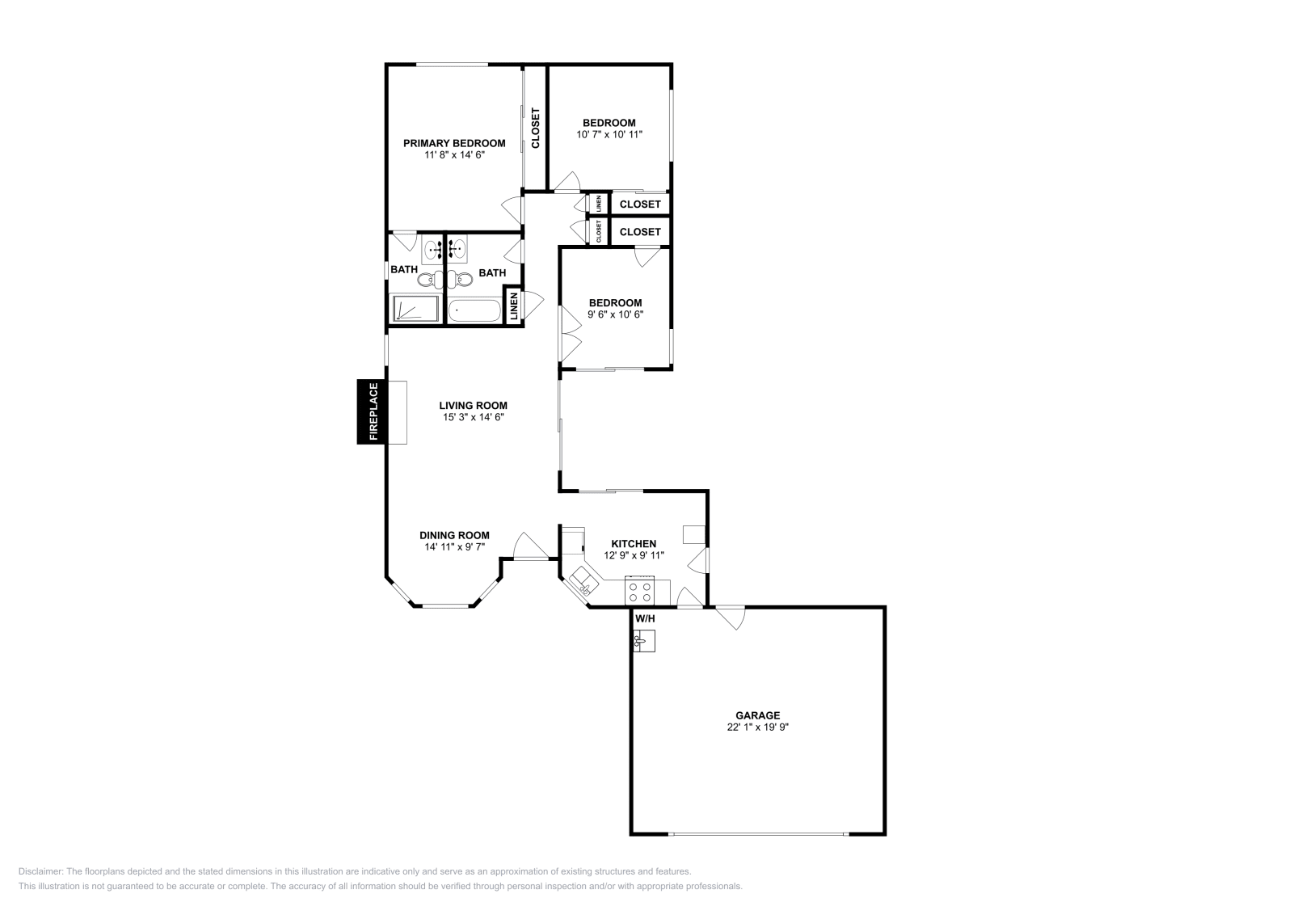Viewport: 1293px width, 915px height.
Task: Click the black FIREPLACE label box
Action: pyautogui.click(x=373, y=411)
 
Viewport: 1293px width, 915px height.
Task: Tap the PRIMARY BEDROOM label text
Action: pyautogui.click(x=454, y=143)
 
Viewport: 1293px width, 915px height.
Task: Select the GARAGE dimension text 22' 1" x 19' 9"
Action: pyautogui.click(x=757, y=727)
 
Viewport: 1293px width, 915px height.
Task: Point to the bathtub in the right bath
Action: pyautogui.click(x=474, y=310)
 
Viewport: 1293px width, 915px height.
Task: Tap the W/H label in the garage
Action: pyautogui.click(x=645, y=619)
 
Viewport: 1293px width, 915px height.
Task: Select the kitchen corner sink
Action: pyautogui.click(x=583, y=580)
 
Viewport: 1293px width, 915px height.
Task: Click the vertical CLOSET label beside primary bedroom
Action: pyautogui.click(x=535, y=128)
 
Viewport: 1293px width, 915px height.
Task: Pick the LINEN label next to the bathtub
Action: pyautogui.click(x=513, y=306)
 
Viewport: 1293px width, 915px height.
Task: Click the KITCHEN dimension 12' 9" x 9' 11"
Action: pyautogui.click(x=634, y=555)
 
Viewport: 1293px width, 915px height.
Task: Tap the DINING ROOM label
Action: pyautogui.click(x=454, y=535)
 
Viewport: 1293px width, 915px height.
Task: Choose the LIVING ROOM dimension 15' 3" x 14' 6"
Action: pyautogui.click(x=473, y=417)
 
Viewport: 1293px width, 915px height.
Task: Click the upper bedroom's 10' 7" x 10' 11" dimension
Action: pyautogui.click(x=609, y=134)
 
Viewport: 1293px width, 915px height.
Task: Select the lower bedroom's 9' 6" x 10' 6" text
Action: pyautogui.click(x=615, y=314)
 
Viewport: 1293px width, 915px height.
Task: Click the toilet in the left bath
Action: pyautogui.click(x=426, y=280)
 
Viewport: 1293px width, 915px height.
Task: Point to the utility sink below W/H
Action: pyautogui.click(x=643, y=641)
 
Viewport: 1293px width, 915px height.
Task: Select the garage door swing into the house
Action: pyautogui.click(x=730, y=618)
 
